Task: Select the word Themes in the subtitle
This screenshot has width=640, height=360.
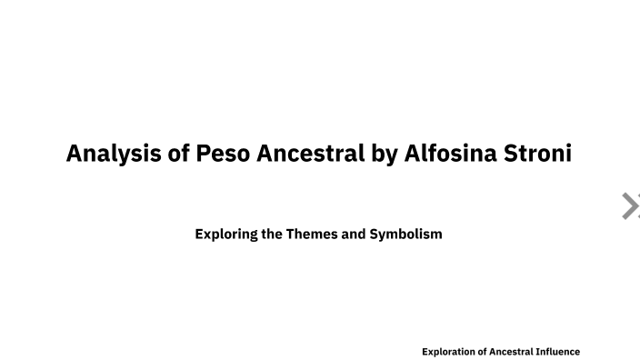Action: (313, 234)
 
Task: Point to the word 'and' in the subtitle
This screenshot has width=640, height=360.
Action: (355, 234)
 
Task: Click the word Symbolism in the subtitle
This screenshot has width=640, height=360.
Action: (406, 234)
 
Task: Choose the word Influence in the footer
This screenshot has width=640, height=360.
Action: (559, 351)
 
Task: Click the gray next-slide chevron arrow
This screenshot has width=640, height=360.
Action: (629, 206)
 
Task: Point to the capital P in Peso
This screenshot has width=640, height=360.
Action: (203, 153)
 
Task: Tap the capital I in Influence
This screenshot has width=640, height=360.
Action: (540, 351)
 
